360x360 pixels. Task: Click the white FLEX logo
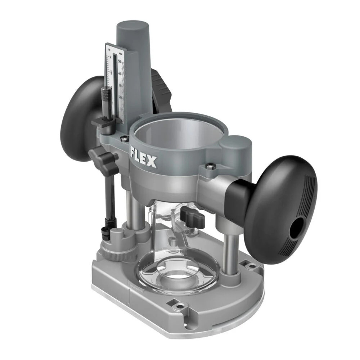pyautogui.click(x=143, y=157)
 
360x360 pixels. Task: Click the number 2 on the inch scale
pyautogui.click(x=110, y=58)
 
